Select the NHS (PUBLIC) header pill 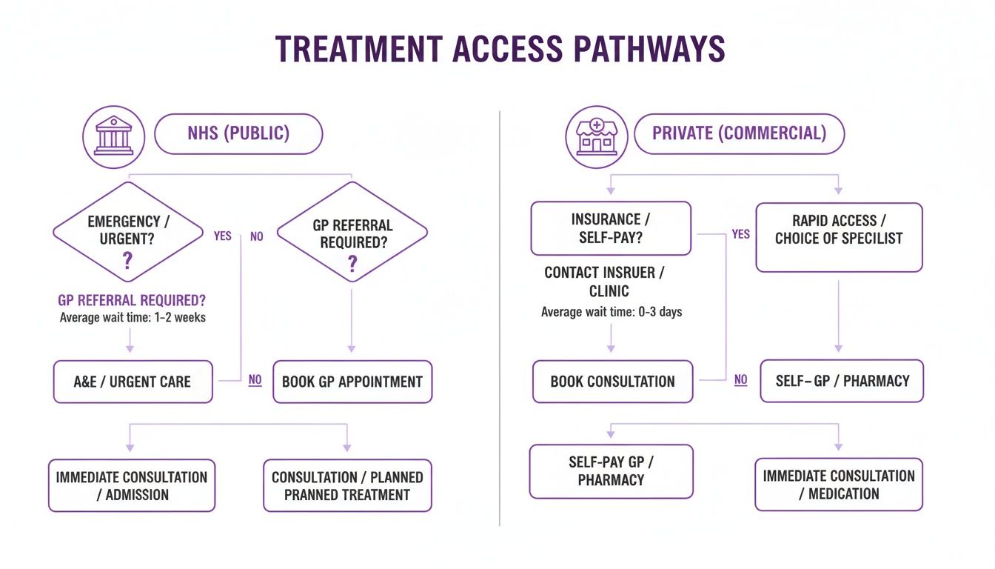(238, 133)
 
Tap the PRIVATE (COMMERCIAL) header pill (738, 133)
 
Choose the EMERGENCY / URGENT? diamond (127, 232)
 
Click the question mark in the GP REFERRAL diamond (352, 264)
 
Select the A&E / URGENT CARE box (133, 382)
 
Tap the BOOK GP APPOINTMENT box (352, 382)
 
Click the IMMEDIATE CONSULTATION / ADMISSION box (132, 486)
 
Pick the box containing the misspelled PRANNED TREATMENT (347, 486)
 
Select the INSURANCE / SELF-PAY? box (611, 229)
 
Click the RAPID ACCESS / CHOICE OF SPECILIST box (839, 236)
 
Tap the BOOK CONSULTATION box (612, 382)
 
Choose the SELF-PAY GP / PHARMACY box (611, 471)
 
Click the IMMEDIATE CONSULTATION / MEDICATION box (839, 485)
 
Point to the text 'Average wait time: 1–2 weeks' (132, 319)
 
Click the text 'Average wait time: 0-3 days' (612, 312)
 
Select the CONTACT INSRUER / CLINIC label (604, 282)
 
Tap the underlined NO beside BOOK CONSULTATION (740, 380)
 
